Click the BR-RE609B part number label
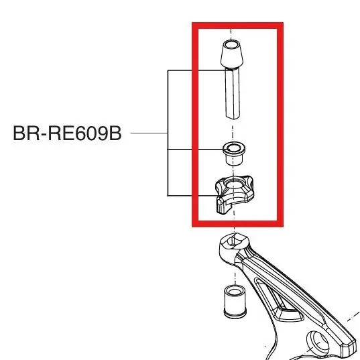tap(67, 133)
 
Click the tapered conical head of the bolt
tap(232, 54)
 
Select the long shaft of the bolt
tap(233, 93)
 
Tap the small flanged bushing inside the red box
tap(234, 154)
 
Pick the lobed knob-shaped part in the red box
tap(234, 194)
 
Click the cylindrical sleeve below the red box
tap(235, 302)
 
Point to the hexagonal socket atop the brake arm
tap(234, 242)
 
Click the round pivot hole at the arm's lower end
tap(319, 343)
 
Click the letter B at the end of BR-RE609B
tap(115, 133)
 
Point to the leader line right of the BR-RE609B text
tap(149, 133)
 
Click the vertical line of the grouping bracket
tap(168, 133)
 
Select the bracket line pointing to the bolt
tap(196, 70)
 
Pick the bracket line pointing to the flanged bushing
tap(195, 149)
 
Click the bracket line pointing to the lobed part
tap(192, 196)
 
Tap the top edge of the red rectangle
tap(237, 25)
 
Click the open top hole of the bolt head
tap(231, 44)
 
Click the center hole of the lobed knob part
tap(233, 184)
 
